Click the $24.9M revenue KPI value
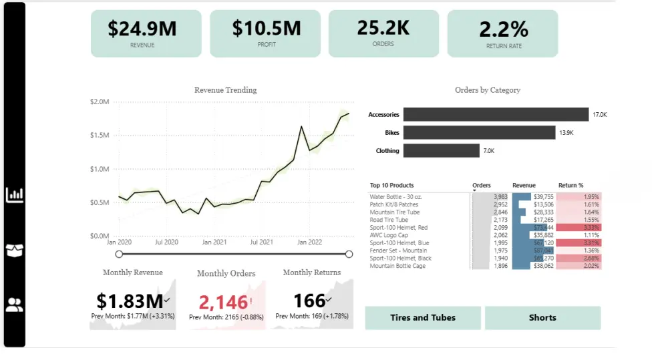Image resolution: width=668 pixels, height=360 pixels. coord(142,29)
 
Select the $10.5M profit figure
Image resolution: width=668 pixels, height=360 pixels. coord(267,28)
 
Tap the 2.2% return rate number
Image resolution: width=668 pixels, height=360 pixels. coord(504,29)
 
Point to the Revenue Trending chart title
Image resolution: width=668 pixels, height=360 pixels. coord(225,90)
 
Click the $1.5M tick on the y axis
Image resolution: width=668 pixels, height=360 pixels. coord(99,136)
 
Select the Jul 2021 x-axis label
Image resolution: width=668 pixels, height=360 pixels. coord(261,242)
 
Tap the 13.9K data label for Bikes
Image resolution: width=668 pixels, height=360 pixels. coord(566,133)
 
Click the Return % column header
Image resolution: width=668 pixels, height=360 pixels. coord(570,186)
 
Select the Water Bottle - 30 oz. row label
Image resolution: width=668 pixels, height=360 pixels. coord(395,197)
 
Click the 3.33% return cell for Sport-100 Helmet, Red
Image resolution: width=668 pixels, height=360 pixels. coord(578,228)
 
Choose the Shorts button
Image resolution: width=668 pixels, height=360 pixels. coord(542,318)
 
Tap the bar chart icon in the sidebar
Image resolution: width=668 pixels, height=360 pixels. coord(15,195)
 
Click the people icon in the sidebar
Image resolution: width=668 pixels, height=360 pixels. coord(15,305)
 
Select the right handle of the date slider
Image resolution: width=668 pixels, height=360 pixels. coord(349,254)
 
